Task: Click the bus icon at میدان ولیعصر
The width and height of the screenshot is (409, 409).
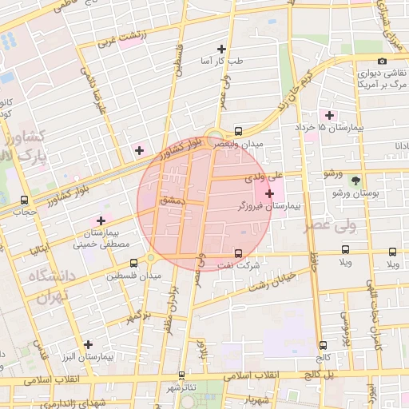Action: pos(238,130)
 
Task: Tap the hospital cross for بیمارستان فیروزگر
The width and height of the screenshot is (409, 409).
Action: pos(269,193)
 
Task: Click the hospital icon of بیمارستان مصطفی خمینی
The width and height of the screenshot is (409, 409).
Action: pos(101,220)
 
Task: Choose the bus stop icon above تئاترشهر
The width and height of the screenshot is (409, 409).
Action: pos(181,375)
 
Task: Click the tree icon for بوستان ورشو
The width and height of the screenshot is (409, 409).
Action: pos(355,181)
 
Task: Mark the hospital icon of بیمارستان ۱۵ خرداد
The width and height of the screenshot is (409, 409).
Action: pos(329,116)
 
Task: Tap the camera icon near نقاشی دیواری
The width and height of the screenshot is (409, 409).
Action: pos(382,62)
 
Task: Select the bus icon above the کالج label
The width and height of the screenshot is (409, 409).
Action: pos(323,346)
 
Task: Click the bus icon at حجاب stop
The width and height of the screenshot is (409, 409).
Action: pos(24,200)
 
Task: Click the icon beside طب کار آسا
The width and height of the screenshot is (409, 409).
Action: pos(232,48)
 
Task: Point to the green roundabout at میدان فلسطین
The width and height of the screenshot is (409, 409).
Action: pos(150,257)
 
